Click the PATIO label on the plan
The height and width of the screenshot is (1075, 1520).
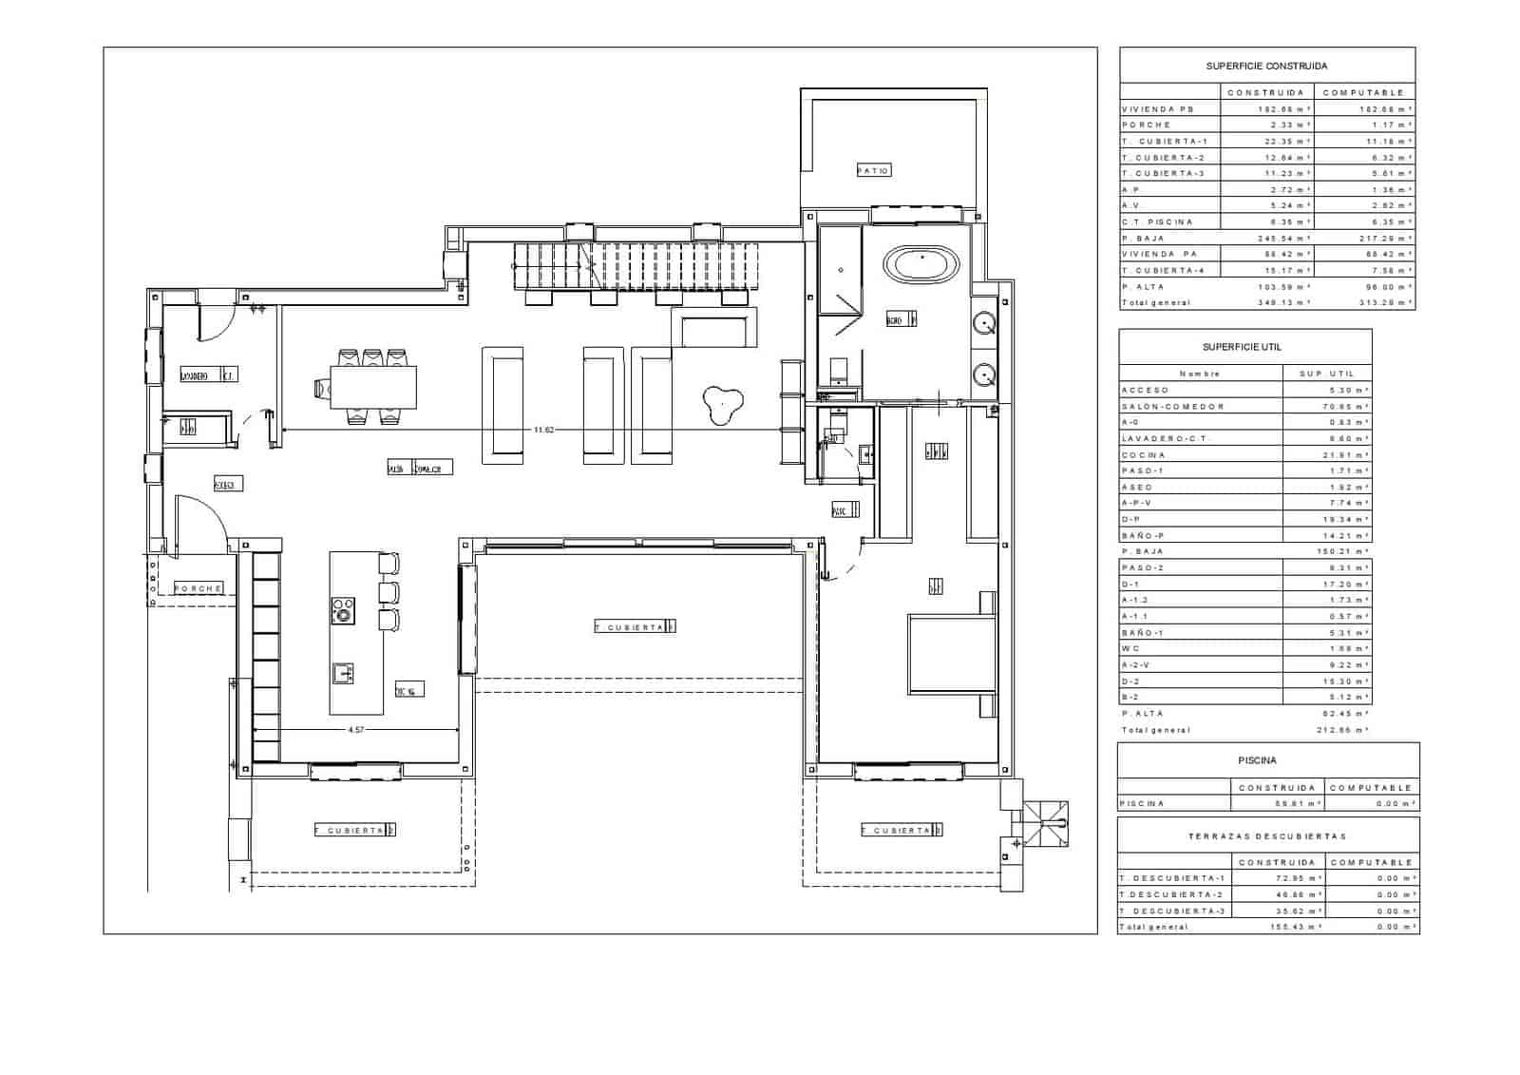click(873, 171)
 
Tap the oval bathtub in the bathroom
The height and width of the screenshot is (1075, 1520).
click(921, 263)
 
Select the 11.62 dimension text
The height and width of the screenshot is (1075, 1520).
click(542, 431)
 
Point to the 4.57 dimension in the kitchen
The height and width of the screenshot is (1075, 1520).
click(356, 730)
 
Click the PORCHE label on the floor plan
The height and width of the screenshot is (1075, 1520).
click(199, 588)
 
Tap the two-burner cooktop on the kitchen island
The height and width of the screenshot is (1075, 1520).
click(343, 610)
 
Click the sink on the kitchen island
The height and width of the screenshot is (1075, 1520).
click(343, 673)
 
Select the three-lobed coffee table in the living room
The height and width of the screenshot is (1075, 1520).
click(721, 407)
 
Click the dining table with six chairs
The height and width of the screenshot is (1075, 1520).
click(373, 387)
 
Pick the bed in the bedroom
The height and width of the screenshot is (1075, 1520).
click(950, 656)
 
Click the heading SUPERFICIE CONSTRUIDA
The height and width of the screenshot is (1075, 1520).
click(1266, 67)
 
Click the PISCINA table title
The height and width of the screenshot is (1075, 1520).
click(1257, 760)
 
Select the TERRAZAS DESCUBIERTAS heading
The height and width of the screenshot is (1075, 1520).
click(1267, 836)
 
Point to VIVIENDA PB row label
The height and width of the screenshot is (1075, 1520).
click(1156, 109)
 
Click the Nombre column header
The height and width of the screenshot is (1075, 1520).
click(1199, 374)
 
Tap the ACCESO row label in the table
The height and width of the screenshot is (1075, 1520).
click(1145, 391)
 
